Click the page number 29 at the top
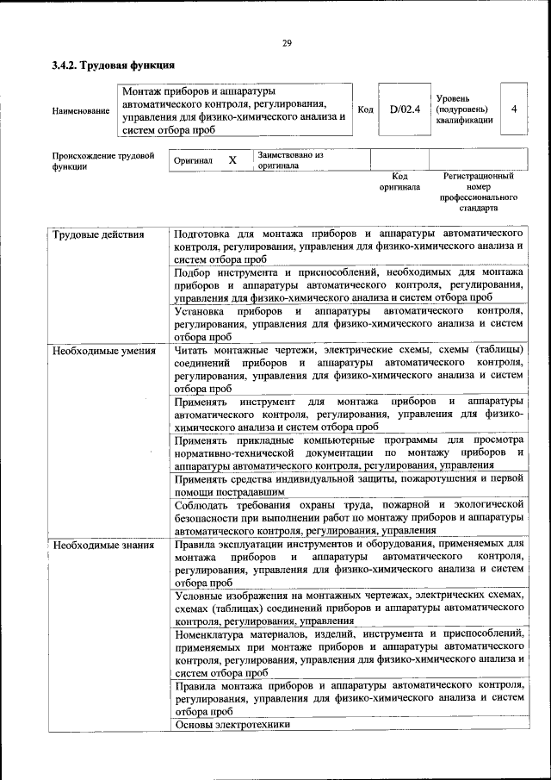tap(286, 44)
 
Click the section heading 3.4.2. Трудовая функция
tap(114, 65)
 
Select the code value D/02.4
tap(404, 109)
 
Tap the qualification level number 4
tap(513, 109)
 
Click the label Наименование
tap(81, 110)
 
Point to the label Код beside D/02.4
tap(365, 109)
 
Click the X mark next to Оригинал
tap(232, 160)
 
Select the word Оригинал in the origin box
tap(193, 161)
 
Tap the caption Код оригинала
tap(399, 181)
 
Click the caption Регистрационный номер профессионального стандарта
tap(479, 192)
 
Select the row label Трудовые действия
tap(98, 234)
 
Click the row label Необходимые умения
tap(103, 351)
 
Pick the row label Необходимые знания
tap(102, 545)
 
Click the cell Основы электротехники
tap(232, 725)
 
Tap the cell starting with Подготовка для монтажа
tap(349, 246)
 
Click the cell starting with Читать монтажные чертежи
tap(349, 369)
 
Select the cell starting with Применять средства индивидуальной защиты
tap(349, 484)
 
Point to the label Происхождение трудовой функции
tap(102, 161)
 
